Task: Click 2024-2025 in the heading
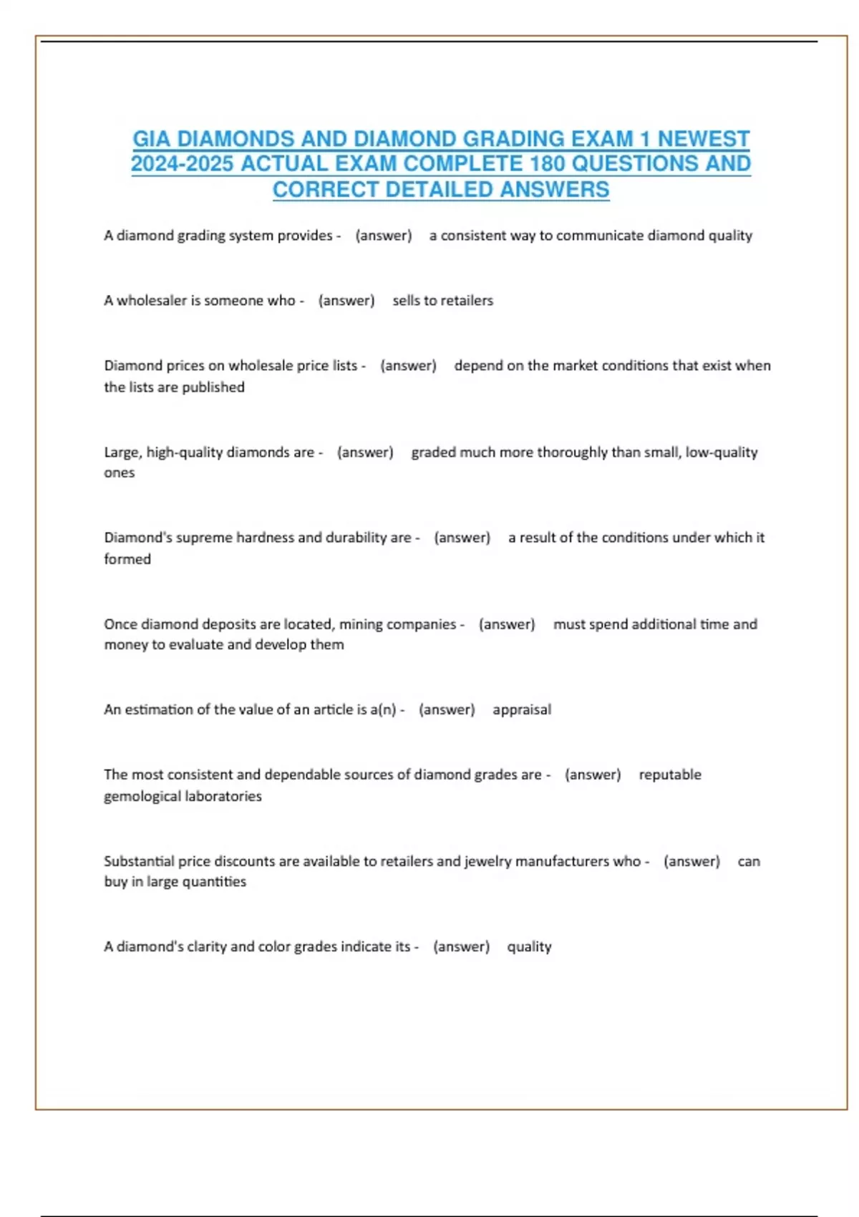coord(182,164)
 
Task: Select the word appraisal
coord(522,709)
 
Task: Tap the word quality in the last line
coord(529,946)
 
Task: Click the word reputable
coord(670,775)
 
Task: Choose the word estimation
coord(158,709)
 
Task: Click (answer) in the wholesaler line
coord(346,301)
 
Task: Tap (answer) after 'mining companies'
coord(507,624)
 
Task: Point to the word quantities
coord(214,882)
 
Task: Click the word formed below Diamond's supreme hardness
coord(127,559)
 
